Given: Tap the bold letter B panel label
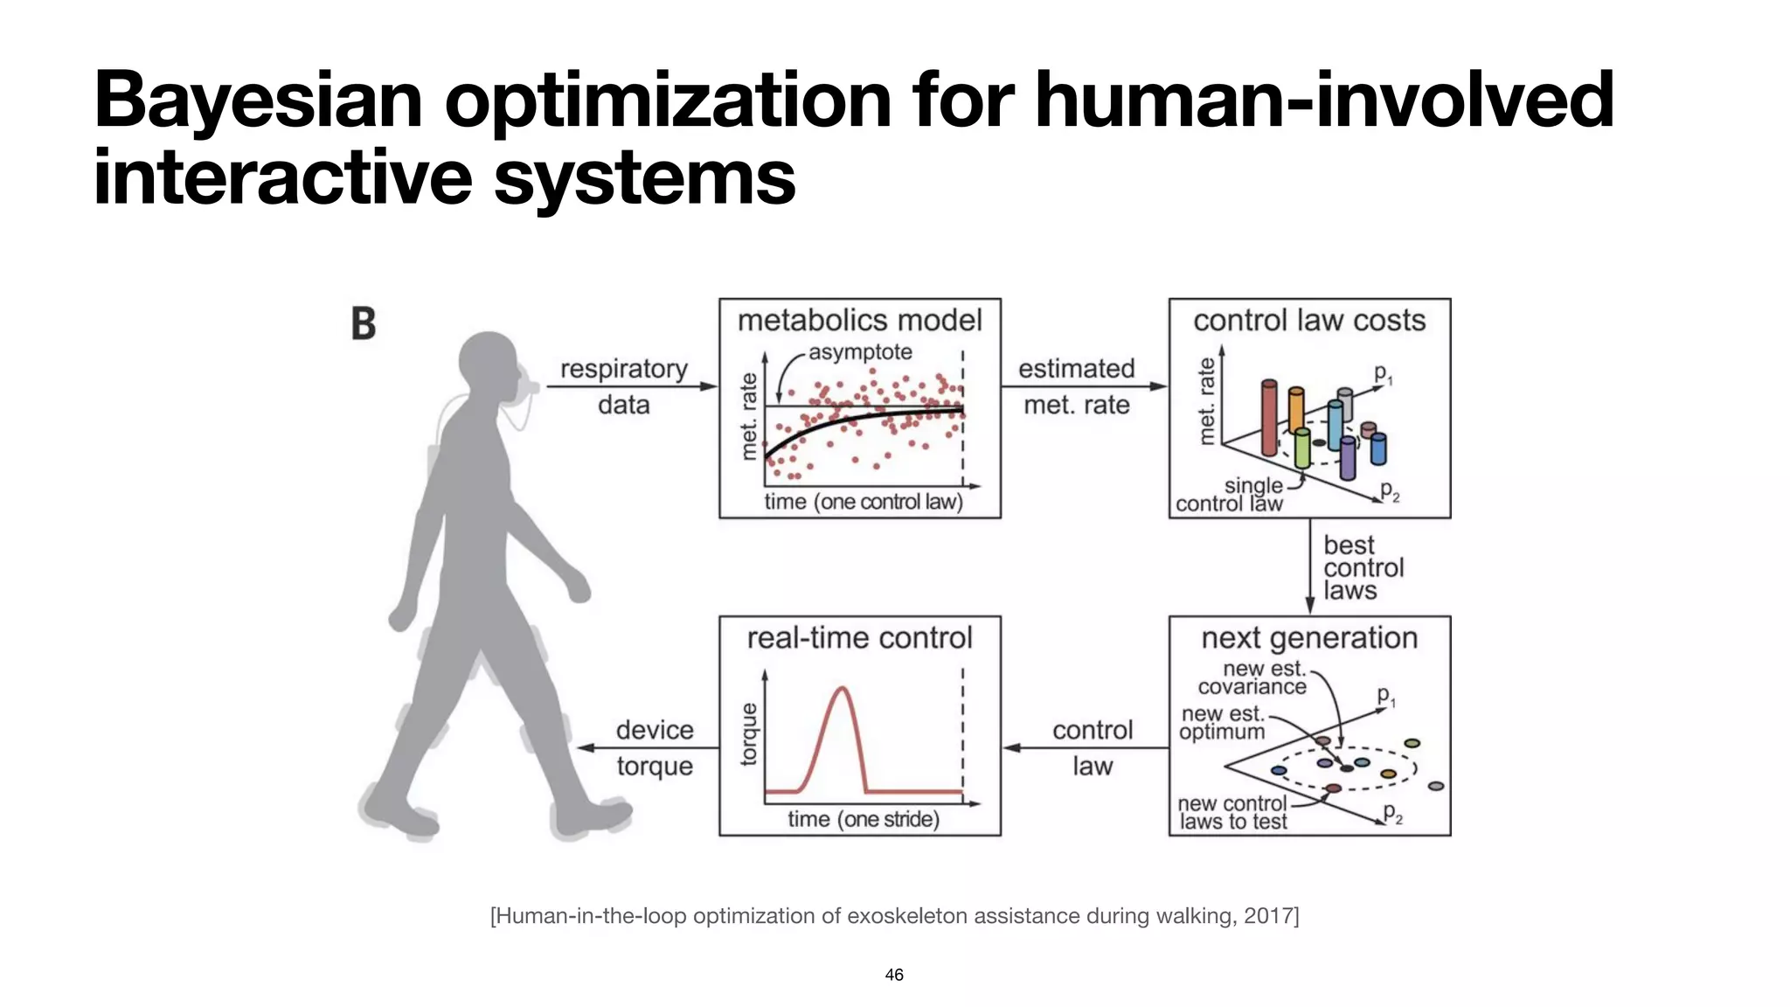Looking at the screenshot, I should click(x=363, y=323).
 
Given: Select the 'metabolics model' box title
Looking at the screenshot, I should click(x=859, y=321).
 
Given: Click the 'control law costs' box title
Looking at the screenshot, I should click(x=1308, y=321).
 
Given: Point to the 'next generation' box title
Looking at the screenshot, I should click(x=1308, y=638).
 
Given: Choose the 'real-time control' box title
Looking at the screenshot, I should click(x=859, y=638).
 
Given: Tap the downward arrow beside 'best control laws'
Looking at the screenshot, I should click(x=1309, y=566).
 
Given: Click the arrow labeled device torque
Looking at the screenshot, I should click(x=647, y=748).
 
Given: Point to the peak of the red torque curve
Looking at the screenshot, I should click(x=843, y=689).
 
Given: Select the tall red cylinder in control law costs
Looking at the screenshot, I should click(x=1269, y=418).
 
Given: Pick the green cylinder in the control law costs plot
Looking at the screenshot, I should click(x=1302, y=448).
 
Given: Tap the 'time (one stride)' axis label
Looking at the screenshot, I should click(x=863, y=819).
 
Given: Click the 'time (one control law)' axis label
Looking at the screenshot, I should click(x=863, y=502).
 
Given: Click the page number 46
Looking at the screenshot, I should click(x=894, y=975).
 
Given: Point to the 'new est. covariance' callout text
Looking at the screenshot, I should click(x=1252, y=678).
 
